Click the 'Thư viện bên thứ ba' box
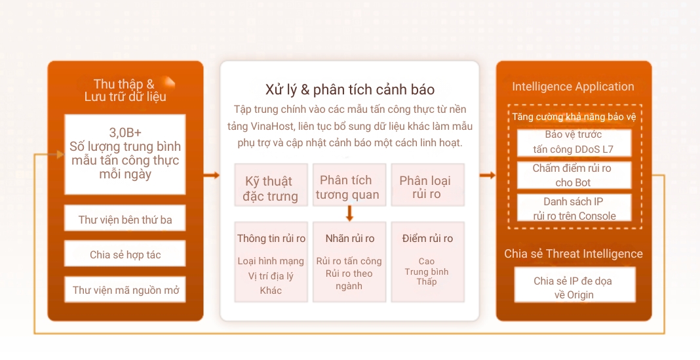pos(125,219)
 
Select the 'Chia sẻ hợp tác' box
pos(125,254)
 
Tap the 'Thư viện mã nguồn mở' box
pos(125,290)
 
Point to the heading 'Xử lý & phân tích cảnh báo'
pos(349,89)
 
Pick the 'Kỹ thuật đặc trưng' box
pos(271,188)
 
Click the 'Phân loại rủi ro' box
pos(426,187)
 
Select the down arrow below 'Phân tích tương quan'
pos(349,213)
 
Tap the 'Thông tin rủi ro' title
pos(271,238)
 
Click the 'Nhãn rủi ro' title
pos(349,238)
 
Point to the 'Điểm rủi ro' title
pos(427,238)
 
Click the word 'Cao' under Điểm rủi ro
pos(427,261)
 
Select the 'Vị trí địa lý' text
pos(271,275)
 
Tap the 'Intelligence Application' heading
pos(573,87)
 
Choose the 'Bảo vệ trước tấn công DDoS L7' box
pos(574,142)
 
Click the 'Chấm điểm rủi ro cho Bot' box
pos(574,175)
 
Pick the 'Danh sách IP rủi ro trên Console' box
pos(574,209)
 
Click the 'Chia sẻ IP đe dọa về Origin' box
pos(574,287)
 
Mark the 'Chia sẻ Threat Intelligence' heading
pos(574,254)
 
